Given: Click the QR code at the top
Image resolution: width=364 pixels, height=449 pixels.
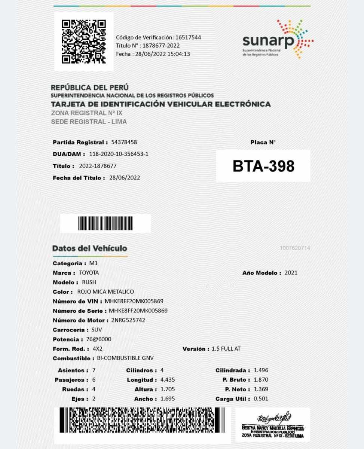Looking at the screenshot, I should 84,41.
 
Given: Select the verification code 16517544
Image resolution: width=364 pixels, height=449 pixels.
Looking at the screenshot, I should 188,37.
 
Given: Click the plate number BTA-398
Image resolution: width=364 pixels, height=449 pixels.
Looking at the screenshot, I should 263,166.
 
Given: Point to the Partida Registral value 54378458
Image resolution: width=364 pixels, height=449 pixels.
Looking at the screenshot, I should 124,142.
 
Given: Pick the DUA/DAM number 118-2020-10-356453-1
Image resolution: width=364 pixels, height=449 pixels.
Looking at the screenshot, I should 119,154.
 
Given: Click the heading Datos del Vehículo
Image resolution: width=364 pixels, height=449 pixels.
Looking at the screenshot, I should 90,248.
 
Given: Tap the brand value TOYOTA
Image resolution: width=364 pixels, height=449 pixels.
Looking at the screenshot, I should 89,273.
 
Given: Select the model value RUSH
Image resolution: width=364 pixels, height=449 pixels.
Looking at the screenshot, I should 89,282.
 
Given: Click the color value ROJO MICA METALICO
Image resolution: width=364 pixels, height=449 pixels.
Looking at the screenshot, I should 105,291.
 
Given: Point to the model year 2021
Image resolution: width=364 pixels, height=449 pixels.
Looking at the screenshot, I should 291,273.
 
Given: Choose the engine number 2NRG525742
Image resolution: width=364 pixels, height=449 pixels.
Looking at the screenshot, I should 128,320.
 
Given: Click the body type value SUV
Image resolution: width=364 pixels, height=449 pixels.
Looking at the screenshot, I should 97,330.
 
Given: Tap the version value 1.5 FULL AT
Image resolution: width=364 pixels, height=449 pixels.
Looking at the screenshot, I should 226,349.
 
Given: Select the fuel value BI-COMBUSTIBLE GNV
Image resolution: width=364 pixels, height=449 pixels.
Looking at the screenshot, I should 125,358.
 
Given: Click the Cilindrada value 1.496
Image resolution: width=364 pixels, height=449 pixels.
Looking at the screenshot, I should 261,370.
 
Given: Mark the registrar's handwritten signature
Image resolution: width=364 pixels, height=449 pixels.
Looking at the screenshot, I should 273,418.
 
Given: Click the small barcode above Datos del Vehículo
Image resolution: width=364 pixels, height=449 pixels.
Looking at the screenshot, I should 105,223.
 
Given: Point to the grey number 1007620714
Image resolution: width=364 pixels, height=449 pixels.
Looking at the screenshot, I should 295,248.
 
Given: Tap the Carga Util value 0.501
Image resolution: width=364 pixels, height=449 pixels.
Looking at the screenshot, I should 261,399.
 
